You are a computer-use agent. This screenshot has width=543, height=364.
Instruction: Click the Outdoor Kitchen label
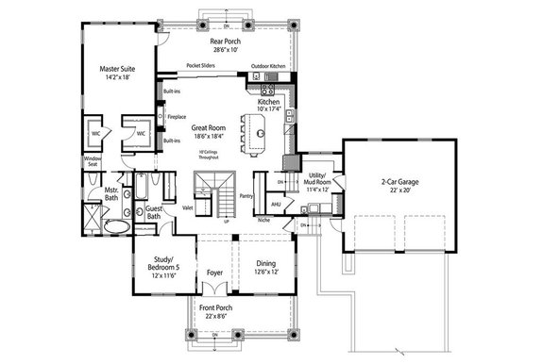pyautogui.click(x=268, y=66)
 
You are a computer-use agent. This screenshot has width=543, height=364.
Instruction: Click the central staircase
pyautogui.click(x=214, y=194)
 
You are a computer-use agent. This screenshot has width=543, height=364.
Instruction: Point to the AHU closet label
pyautogui.click(x=276, y=202)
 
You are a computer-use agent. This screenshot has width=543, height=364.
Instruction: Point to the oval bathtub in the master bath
pyautogui.click(x=116, y=228)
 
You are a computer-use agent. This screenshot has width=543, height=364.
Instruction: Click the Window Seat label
pyautogui.click(x=93, y=162)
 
